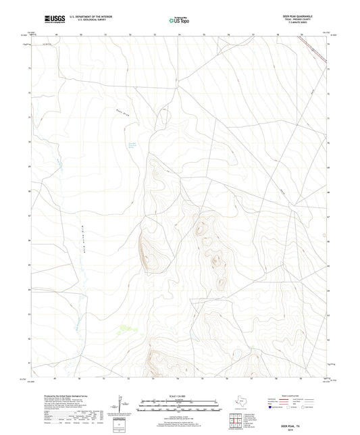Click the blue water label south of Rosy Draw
tap(133, 143)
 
